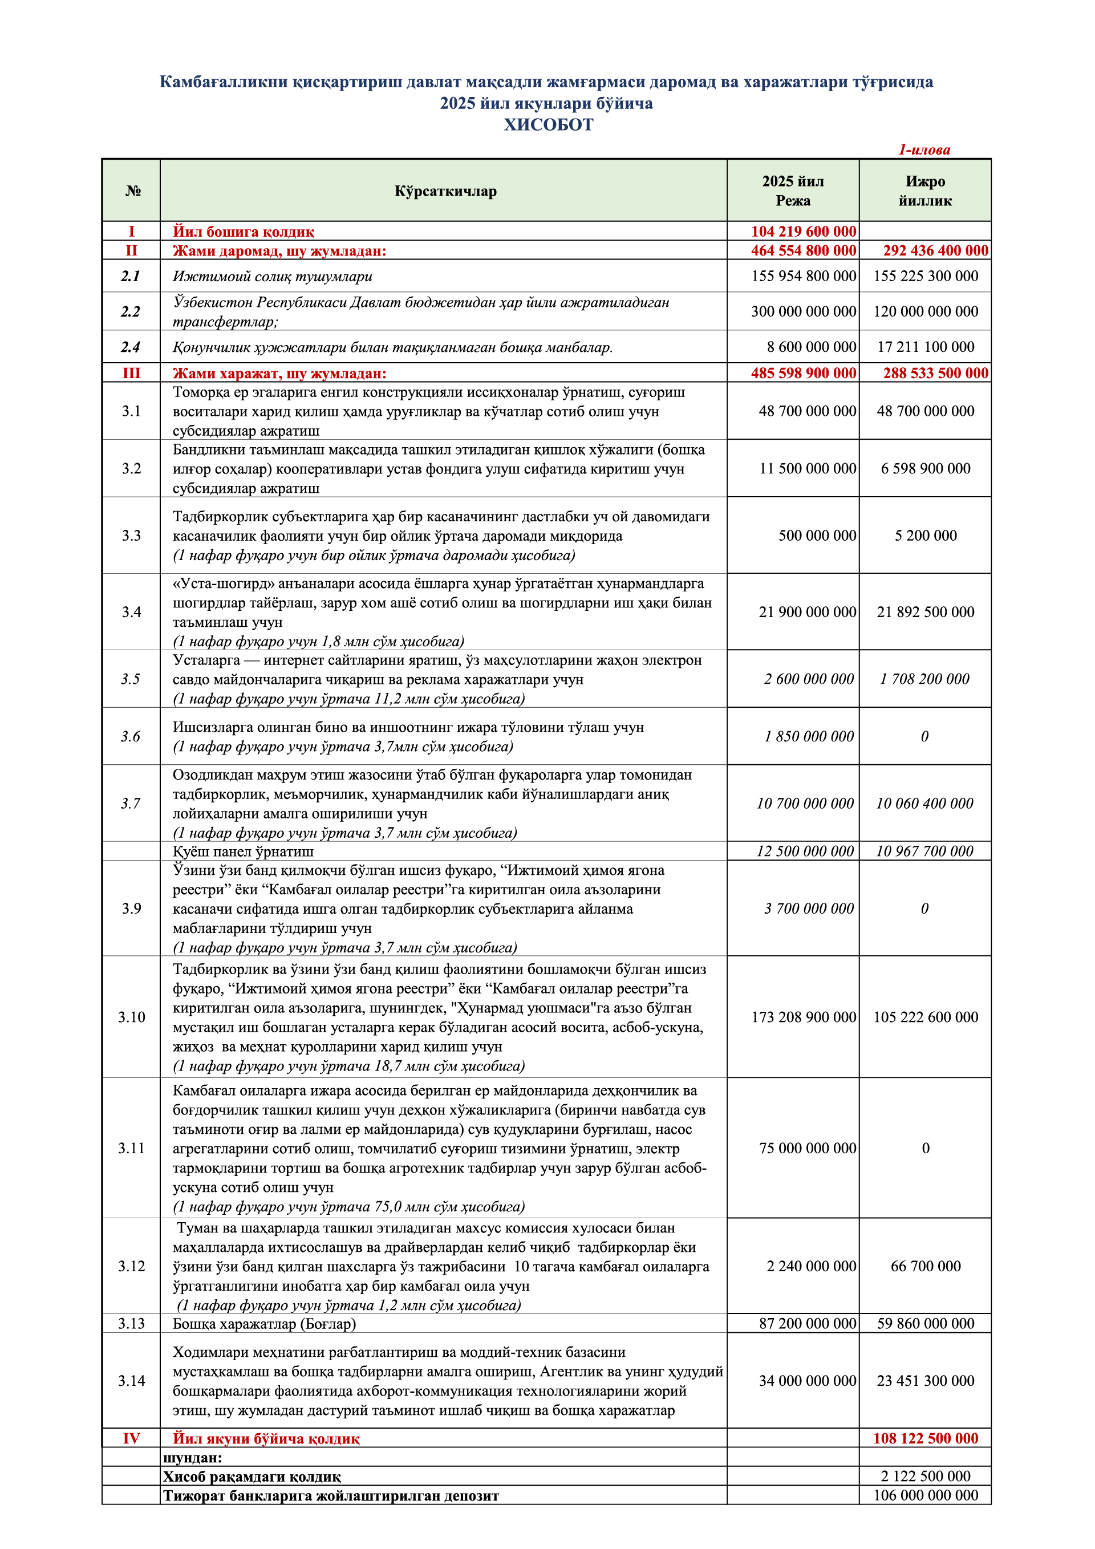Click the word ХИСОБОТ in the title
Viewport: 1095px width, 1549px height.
[548, 125]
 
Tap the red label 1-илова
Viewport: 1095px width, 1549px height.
[924, 150]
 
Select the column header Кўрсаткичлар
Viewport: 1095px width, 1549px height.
[445, 191]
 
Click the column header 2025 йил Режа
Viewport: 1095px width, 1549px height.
[793, 191]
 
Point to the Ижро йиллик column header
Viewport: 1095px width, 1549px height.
[925, 191]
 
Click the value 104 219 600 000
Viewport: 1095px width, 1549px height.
[803, 232]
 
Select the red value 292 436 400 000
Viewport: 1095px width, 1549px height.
[935, 250]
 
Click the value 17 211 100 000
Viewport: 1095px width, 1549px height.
[925, 347]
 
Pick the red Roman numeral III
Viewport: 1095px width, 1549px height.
[131, 373]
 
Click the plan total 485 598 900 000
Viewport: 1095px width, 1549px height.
[803, 373]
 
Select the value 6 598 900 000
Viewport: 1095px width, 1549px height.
[925, 468]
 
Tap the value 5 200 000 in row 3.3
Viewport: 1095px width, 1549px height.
[925, 535]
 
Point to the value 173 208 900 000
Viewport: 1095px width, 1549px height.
[803, 1017]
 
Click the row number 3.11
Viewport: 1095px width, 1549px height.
[131, 1147]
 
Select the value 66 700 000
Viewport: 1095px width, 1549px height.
[925, 1266]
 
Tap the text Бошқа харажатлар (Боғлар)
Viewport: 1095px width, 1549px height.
[264, 1324]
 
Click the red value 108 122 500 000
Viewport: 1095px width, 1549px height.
[925, 1438]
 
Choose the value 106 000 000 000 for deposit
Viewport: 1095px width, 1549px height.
[925, 1495]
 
